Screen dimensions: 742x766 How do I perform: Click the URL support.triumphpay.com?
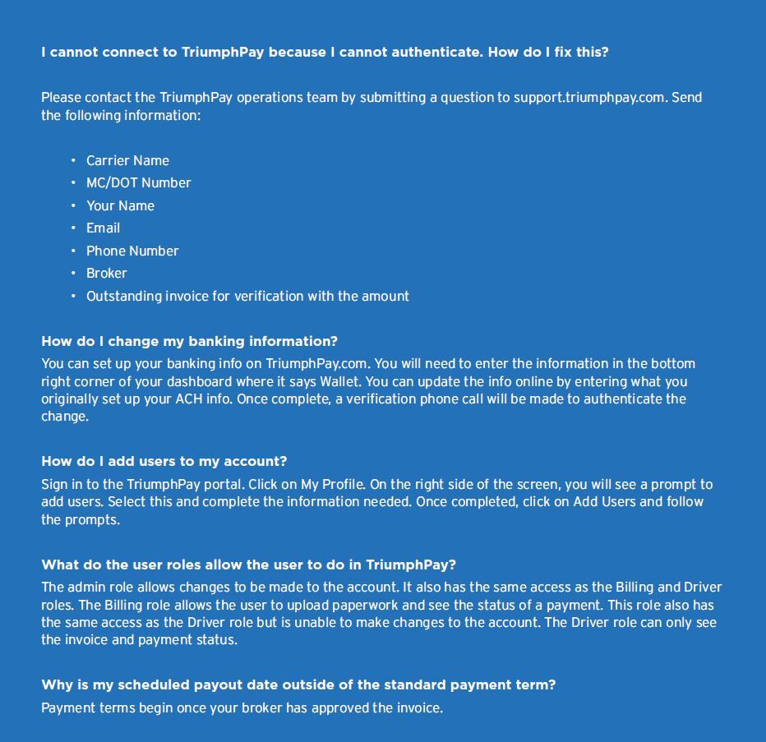click(x=588, y=98)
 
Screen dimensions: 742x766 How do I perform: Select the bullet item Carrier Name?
click(x=127, y=161)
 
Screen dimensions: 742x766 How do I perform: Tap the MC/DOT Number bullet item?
click(x=138, y=183)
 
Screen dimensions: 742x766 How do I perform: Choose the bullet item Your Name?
click(x=120, y=206)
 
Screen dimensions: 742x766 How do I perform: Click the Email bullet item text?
click(x=103, y=228)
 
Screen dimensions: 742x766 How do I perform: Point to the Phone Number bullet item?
click(x=132, y=251)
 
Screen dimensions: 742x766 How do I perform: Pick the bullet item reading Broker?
click(x=106, y=274)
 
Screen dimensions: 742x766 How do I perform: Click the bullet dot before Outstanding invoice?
click(x=73, y=296)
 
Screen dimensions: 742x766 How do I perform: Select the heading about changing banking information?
click(x=189, y=342)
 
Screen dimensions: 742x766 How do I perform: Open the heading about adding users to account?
click(x=164, y=462)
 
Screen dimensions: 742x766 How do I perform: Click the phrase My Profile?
click(x=332, y=485)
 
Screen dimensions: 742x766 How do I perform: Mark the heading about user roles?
click(x=248, y=565)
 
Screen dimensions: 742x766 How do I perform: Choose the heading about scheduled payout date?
click(x=298, y=685)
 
